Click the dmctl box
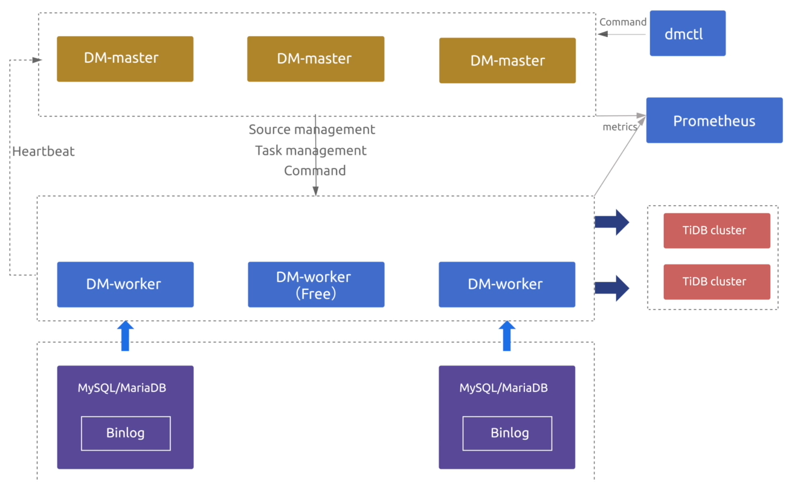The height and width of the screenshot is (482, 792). [x=687, y=33]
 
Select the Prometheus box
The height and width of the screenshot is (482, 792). [x=714, y=120]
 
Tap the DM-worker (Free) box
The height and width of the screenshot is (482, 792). [x=316, y=284]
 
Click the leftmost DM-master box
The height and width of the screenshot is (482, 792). [x=125, y=59]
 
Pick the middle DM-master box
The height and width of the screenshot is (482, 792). [x=315, y=59]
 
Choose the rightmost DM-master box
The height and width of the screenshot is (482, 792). [x=507, y=60]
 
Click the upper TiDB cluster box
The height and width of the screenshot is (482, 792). [x=716, y=230]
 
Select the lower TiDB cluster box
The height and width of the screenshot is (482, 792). [x=716, y=281]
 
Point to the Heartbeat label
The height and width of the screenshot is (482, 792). [x=43, y=152]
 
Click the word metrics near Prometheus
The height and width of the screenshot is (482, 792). [x=620, y=127]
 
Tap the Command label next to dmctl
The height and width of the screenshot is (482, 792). [x=623, y=22]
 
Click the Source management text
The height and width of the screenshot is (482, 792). [x=312, y=129]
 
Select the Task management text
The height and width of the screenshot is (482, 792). [x=311, y=150]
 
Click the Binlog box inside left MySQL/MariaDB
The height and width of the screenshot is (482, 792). [x=126, y=433]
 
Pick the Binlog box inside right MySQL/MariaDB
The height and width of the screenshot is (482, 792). [x=507, y=433]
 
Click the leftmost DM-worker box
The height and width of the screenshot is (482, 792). [x=125, y=284]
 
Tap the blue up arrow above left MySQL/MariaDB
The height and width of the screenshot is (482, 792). [x=125, y=336]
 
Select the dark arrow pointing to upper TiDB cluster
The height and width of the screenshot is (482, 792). [x=612, y=222]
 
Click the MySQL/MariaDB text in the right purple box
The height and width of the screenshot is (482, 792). [x=503, y=388]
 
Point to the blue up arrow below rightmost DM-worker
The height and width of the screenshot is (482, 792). [x=507, y=336]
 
